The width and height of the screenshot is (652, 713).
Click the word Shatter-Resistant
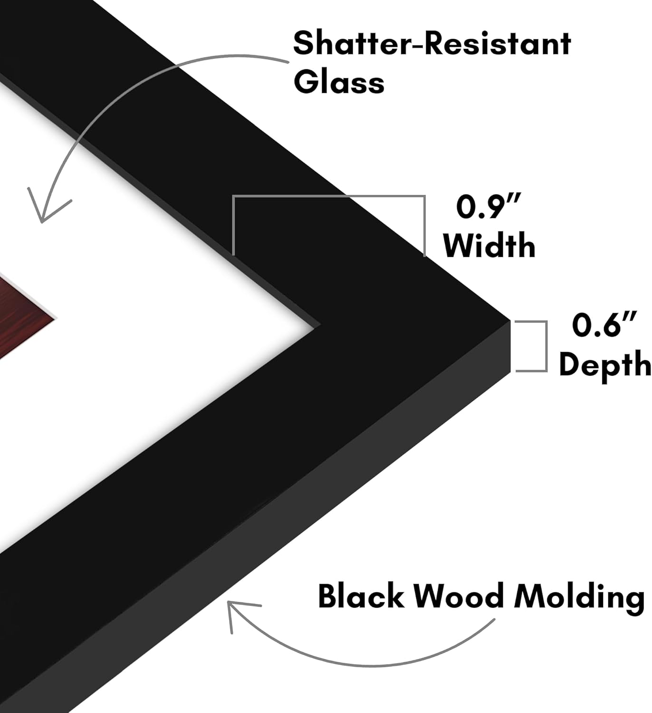(x=431, y=43)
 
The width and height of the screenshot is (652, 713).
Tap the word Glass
(x=339, y=81)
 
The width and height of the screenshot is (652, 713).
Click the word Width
(x=489, y=245)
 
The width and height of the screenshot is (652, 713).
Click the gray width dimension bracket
(x=329, y=196)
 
